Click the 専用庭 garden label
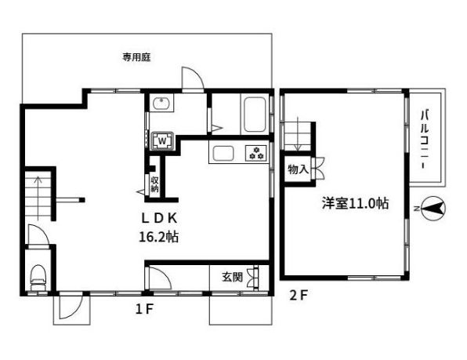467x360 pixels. point(136,57)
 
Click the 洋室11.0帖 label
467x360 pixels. point(354,204)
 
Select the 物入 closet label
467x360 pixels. point(297,169)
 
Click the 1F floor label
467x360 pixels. point(142,308)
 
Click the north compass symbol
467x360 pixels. point(432,209)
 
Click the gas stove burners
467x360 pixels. point(255,153)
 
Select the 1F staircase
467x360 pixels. point(37,196)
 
